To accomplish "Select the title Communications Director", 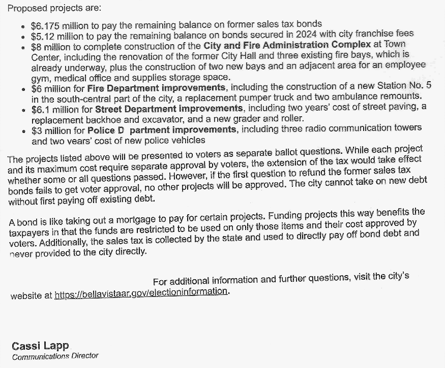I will (x=55, y=356).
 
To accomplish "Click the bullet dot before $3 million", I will (x=24, y=130).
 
